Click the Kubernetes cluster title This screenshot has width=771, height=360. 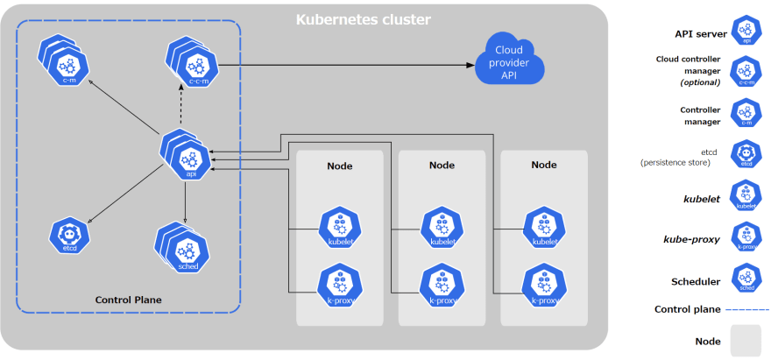pos(363,18)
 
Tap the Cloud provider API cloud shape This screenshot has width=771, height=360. pos(509,63)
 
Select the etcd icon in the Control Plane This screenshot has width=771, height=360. pos(68,235)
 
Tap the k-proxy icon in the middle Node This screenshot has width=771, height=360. pos(442,286)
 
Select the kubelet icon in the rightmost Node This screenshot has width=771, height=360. pos(543,228)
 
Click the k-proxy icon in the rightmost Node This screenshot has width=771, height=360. pos(543,286)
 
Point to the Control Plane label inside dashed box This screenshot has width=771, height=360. pos(128,300)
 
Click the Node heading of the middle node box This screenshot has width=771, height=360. pos(442,165)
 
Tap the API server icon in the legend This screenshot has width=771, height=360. pos(746,30)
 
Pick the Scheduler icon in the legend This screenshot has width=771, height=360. pos(746,280)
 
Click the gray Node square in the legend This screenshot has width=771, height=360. pos(746,341)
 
